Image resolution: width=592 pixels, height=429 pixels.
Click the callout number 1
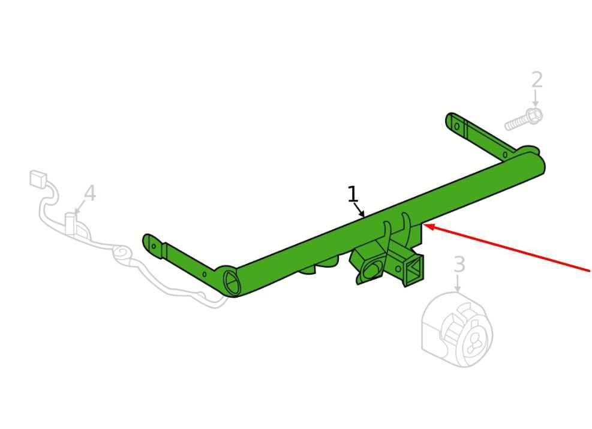352,194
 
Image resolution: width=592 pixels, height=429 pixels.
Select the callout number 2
537,80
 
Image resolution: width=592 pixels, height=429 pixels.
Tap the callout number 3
459,264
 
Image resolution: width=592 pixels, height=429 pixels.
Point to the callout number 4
89,193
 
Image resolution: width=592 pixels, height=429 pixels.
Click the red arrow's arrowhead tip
424,225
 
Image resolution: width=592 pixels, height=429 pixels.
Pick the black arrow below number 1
359,210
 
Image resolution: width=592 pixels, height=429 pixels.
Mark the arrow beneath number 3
458,283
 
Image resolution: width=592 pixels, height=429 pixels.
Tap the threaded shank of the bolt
516,124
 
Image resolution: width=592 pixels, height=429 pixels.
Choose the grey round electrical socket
457,329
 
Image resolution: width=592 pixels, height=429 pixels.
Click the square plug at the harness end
38,179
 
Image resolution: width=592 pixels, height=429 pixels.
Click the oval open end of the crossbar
232,283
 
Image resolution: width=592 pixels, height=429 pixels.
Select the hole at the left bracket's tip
154,246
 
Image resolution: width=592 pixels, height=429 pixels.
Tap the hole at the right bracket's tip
457,126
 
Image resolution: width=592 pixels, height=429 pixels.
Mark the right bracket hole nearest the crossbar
505,155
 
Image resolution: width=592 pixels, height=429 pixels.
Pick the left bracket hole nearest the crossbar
205,274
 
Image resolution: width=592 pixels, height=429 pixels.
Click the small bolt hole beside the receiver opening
398,269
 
